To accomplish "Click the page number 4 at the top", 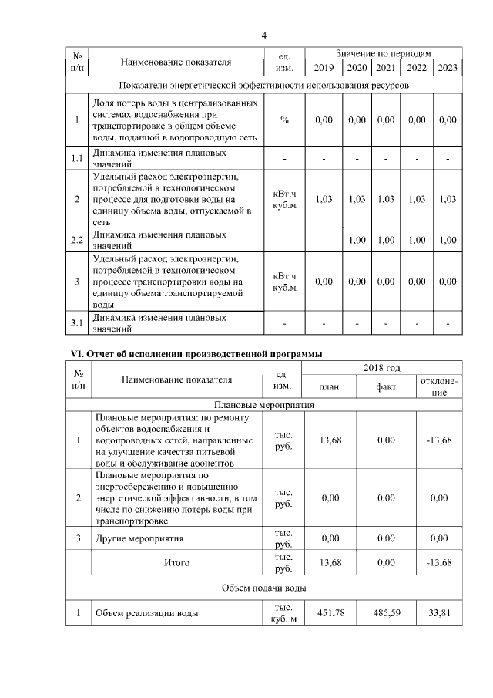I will point(263,35).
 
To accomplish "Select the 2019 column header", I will point(324,68).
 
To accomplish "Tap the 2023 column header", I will point(448,68).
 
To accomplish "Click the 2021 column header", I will point(385,68).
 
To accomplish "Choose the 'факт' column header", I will point(386,386).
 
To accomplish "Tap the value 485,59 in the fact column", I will point(386,614).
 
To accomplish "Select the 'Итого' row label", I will point(176,562).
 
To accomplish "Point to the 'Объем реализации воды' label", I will point(145,614).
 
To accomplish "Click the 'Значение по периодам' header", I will point(384,53).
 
